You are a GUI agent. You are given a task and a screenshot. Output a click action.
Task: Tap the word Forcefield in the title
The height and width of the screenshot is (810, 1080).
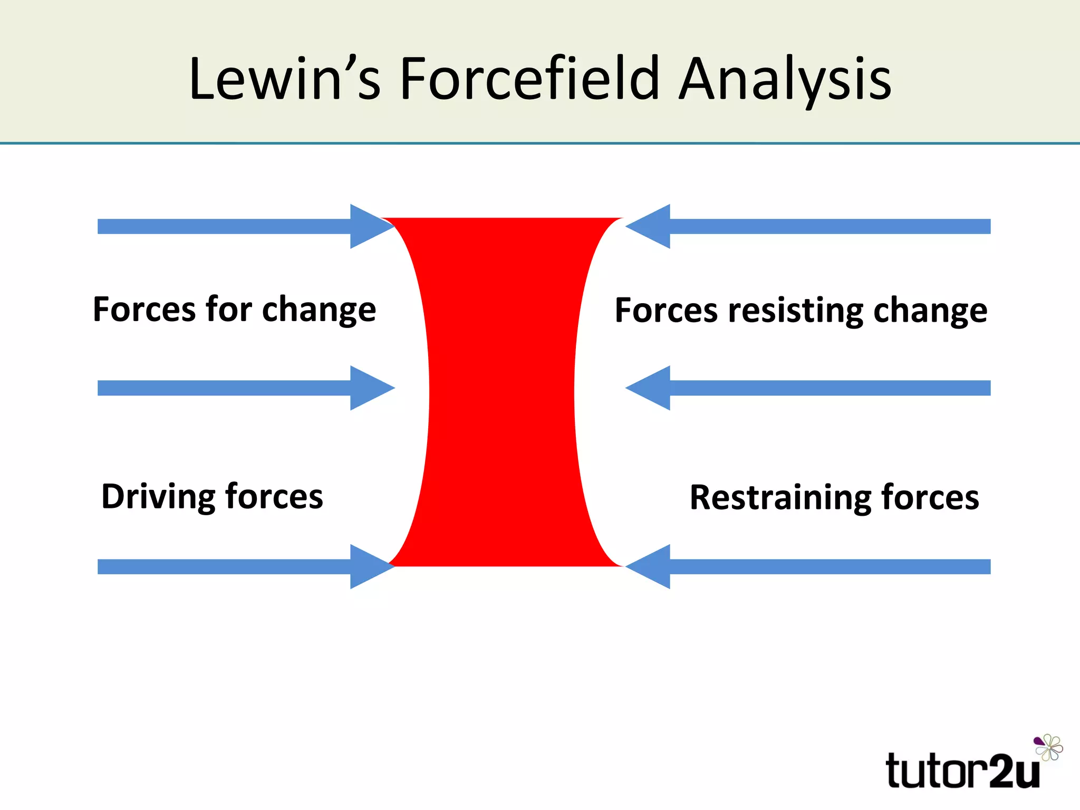click(x=529, y=79)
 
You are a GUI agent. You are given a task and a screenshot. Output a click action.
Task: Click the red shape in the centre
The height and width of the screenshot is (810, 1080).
click(x=501, y=390)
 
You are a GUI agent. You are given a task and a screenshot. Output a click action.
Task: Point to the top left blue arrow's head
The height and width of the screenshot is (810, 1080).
click(x=369, y=226)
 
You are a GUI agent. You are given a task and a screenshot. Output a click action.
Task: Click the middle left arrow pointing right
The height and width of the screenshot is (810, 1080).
click(x=243, y=388)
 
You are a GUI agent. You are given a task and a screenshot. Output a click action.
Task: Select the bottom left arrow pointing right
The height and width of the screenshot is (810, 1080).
click(x=243, y=567)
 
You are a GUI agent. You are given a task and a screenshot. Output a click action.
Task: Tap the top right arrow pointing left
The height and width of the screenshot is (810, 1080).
click(x=807, y=226)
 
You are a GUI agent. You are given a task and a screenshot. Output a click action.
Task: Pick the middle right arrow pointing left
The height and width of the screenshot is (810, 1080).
click(x=807, y=388)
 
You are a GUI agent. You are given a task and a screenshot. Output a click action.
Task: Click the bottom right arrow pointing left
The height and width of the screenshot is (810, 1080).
click(x=807, y=567)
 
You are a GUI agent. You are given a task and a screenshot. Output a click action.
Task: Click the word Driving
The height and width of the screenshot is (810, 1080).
click(x=158, y=497)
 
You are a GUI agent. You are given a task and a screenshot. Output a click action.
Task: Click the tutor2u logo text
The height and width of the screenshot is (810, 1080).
click(x=962, y=772)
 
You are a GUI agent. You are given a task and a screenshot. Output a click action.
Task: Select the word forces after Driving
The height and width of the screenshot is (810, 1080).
click(x=274, y=497)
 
